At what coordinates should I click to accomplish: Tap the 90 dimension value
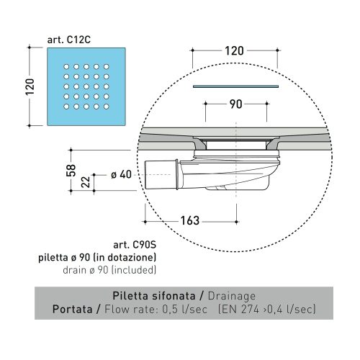[x=235, y=104]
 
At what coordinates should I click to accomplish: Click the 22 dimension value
[x=86, y=181]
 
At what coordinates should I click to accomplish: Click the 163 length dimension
[x=189, y=220]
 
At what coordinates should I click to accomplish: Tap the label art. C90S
[x=135, y=244]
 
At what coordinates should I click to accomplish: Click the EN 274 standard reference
[x=248, y=310]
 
